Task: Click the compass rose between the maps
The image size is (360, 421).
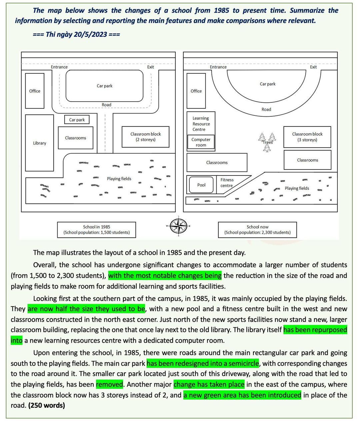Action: pos(179,226)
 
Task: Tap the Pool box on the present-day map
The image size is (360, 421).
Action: pos(201,185)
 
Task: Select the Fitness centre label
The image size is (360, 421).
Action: pos(227,182)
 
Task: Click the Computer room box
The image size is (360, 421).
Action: pos(201,142)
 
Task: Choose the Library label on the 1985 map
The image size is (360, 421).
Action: pos(39,143)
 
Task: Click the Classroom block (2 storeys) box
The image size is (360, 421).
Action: pos(145,137)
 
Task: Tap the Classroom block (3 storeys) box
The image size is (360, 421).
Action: pos(307,137)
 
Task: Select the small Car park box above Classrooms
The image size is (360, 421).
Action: pos(77,120)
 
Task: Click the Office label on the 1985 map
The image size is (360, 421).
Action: pos(35,91)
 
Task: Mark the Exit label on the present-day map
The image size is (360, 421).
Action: pos(313,67)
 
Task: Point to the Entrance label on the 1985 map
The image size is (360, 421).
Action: pos(59,67)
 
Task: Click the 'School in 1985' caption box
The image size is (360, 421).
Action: pos(96,230)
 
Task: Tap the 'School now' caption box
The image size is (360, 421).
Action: pos(257,230)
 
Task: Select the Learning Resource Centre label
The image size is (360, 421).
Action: pos(201,124)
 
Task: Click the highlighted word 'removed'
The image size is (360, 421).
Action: pos(109,384)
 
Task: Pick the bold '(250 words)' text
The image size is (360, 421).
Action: pos(47,405)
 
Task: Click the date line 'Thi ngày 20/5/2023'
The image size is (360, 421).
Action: pos(76,34)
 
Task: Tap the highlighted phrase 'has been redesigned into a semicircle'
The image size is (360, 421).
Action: pos(203,363)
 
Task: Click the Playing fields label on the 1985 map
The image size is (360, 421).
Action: pos(119,179)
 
